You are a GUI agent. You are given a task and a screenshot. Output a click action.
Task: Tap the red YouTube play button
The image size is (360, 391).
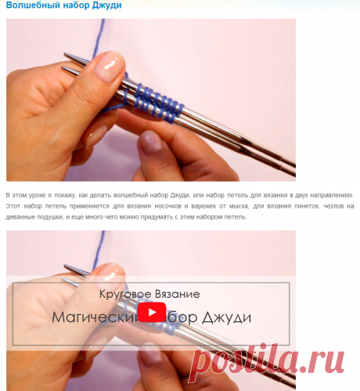[x=152, y=312]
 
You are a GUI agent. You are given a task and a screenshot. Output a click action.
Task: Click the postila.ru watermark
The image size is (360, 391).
[x=268, y=359]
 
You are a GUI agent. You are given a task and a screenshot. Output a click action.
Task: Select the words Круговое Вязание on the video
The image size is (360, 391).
[x=149, y=294]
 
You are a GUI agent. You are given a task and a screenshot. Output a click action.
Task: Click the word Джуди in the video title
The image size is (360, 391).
[x=227, y=318]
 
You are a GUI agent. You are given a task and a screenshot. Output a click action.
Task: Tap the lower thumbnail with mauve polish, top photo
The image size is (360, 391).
[x=150, y=143]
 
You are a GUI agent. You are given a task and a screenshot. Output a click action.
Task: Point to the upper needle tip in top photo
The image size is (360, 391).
[x=65, y=54]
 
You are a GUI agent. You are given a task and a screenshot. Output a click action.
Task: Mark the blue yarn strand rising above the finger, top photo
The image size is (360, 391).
[x=98, y=38]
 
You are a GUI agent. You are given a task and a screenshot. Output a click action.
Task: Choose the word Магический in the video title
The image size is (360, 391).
[x=95, y=318]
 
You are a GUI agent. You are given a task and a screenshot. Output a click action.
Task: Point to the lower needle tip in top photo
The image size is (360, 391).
[x=63, y=68]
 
